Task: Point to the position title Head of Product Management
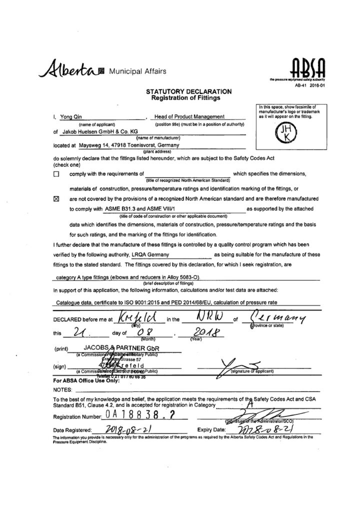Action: (x=189, y=116)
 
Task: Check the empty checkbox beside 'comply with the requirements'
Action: (x=56, y=174)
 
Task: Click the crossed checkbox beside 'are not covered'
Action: (x=56, y=198)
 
